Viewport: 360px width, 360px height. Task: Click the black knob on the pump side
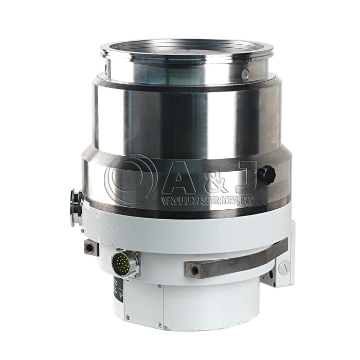(x=266, y=174)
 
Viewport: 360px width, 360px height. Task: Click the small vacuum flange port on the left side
(x=76, y=207)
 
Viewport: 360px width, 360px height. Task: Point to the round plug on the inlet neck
(x=245, y=75)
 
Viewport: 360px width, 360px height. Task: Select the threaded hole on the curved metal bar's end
(x=194, y=271)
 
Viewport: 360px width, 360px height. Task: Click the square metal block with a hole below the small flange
(x=92, y=247)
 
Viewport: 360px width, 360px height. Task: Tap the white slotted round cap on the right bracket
(x=284, y=267)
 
